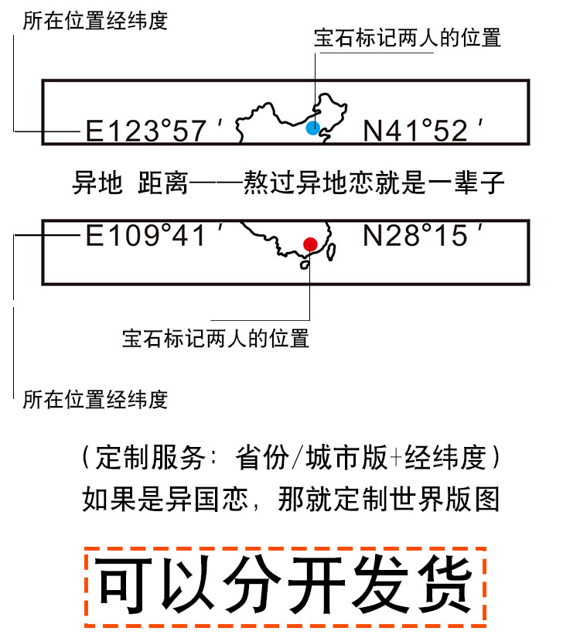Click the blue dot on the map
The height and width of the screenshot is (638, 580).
pyautogui.click(x=312, y=128)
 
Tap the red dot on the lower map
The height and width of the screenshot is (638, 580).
pyautogui.click(x=310, y=244)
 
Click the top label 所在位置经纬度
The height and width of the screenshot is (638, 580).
pyautogui.click(x=95, y=20)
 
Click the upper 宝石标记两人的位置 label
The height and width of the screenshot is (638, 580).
pyautogui.click(x=408, y=39)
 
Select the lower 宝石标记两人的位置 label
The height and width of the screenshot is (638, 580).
pyautogui.click(x=216, y=339)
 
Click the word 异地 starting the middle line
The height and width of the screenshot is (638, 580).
pyautogui.click(x=97, y=183)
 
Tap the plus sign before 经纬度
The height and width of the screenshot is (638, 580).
pyautogui.click(x=397, y=458)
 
